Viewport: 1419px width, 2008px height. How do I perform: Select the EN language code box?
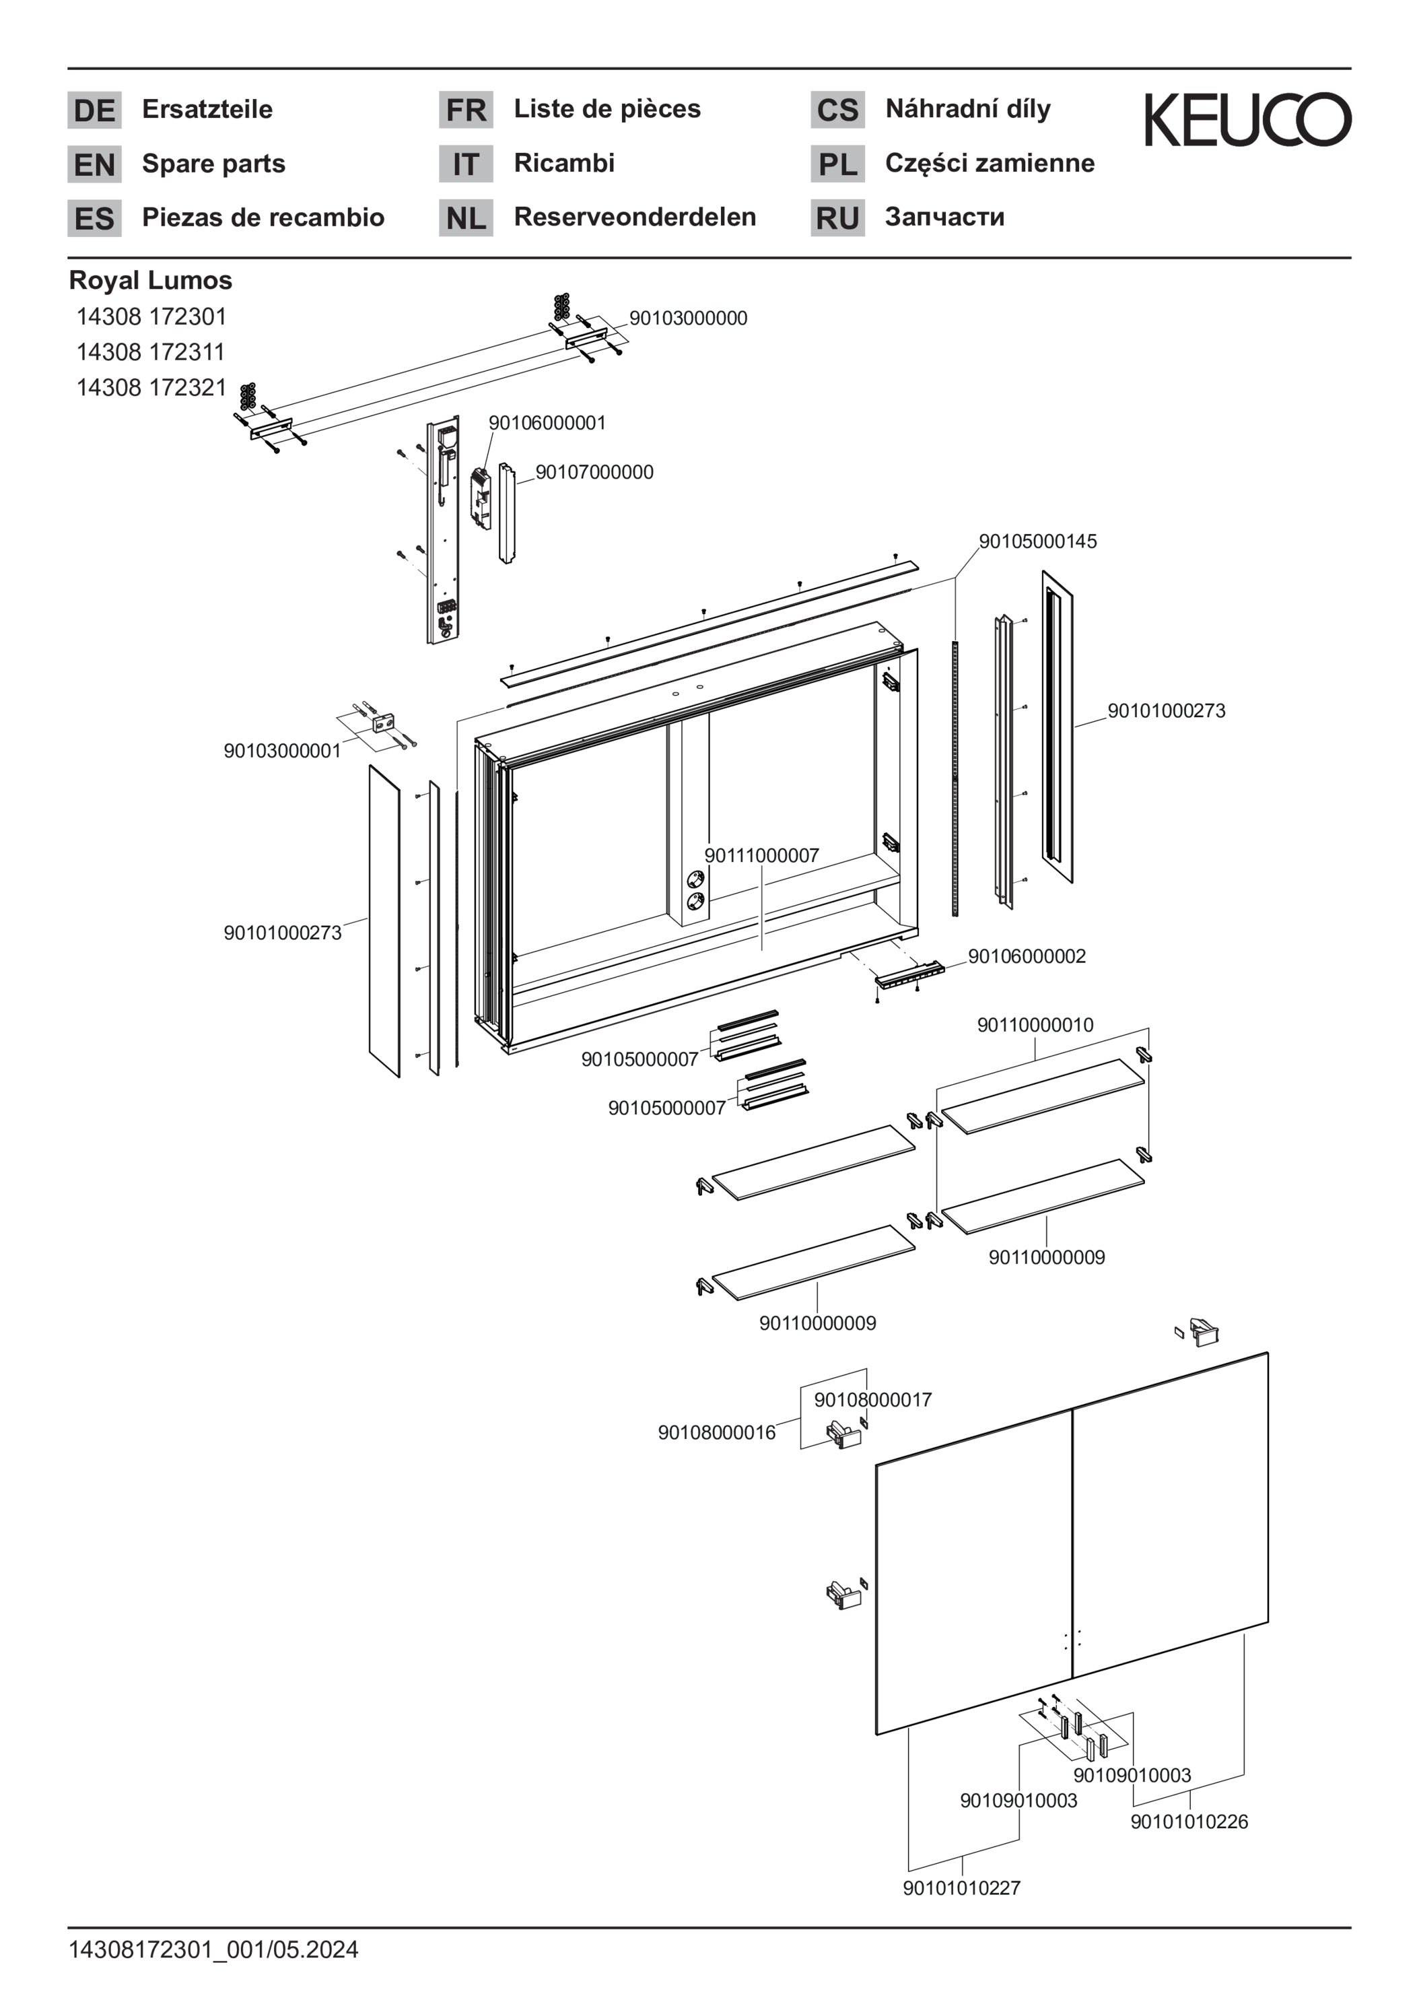[x=94, y=164]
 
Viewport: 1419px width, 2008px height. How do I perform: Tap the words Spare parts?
[x=213, y=164]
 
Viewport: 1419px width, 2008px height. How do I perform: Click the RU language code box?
[x=837, y=217]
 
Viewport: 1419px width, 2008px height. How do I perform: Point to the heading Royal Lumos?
[x=150, y=281]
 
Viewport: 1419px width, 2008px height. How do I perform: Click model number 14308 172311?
[x=150, y=352]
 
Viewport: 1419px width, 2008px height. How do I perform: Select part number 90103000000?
[x=688, y=319]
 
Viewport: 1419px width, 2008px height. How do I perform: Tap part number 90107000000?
[x=594, y=472]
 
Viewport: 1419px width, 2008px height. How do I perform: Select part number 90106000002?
[x=1027, y=956]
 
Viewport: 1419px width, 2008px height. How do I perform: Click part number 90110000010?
[x=1035, y=1025]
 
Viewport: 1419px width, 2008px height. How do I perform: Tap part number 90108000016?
[x=716, y=1432]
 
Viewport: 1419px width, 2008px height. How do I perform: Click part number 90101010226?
[x=1189, y=1821]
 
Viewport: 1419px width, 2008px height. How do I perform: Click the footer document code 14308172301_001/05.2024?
[x=213, y=1949]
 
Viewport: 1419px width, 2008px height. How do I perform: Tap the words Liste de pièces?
[x=607, y=109]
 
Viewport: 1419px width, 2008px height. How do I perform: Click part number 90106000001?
[x=547, y=424]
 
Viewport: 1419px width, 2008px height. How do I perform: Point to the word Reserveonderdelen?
[x=635, y=217]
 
